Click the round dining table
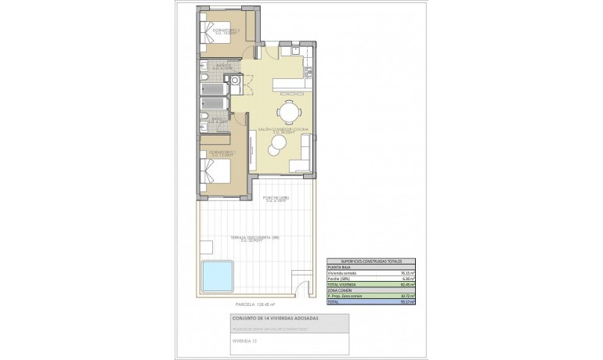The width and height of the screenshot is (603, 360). (290, 112)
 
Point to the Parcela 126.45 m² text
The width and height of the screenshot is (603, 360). (256, 304)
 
